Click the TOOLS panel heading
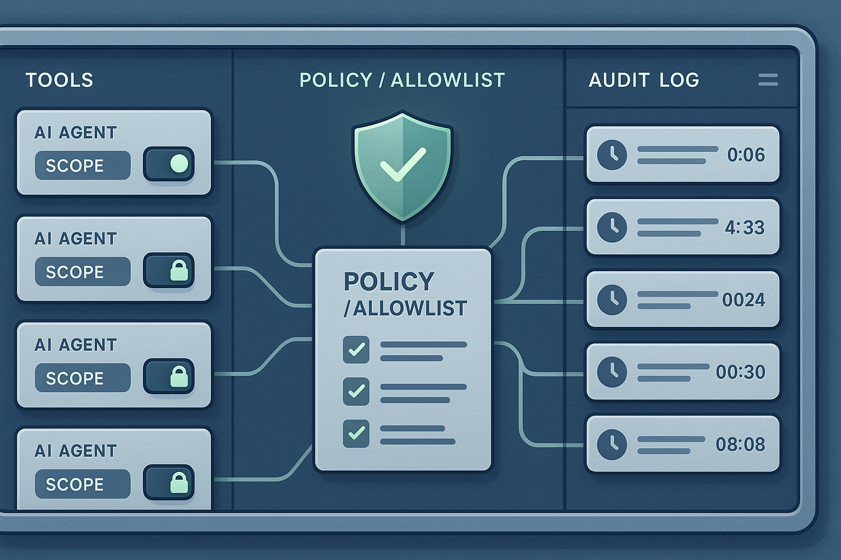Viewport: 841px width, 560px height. [x=59, y=80]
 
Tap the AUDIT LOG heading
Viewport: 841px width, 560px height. [x=643, y=80]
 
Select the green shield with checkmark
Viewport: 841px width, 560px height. [x=403, y=166]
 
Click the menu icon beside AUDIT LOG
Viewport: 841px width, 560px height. [x=768, y=80]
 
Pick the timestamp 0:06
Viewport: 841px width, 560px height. [x=746, y=155]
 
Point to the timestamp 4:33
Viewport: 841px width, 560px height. [x=745, y=227]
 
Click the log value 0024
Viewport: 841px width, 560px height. [x=744, y=300]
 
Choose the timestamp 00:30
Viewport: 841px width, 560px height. [x=740, y=372]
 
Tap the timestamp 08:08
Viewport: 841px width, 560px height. [x=740, y=444]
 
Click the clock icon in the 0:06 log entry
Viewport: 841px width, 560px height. [x=612, y=155]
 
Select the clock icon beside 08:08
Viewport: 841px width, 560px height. [x=612, y=444]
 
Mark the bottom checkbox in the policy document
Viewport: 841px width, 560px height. [x=356, y=433]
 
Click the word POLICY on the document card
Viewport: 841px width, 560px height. [x=389, y=282]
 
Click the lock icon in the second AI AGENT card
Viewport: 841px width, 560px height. [x=178, y=270]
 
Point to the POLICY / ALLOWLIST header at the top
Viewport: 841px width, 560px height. [x=402, y=80]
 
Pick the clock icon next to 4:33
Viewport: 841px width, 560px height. [x=612, y=227]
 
